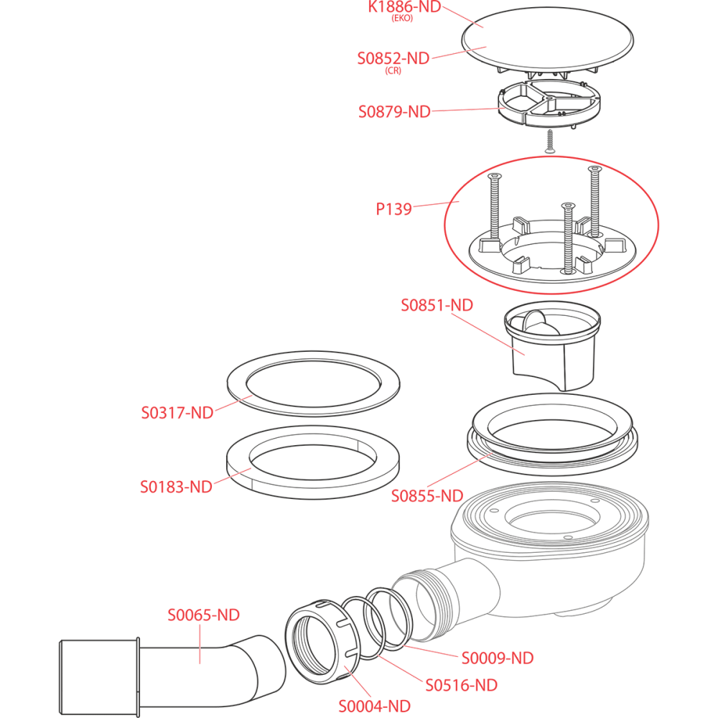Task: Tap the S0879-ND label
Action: [394, 112]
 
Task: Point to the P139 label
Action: [394, 210]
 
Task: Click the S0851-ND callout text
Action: [437, 304]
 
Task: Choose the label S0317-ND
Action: [177, 413]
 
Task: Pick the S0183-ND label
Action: [176, 487]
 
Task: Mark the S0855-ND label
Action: [426, 495]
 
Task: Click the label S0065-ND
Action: [204, 615]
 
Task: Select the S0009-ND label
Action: [498, 657]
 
